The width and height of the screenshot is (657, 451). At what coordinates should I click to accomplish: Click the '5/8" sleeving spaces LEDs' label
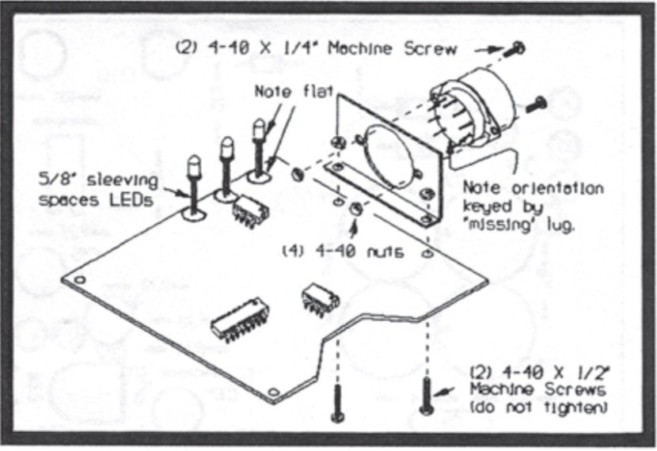coord(97,190)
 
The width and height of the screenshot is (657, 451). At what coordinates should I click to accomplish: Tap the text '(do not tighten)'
coord(538,407)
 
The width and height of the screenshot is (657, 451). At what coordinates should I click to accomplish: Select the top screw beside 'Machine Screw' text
coord(518,47)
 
